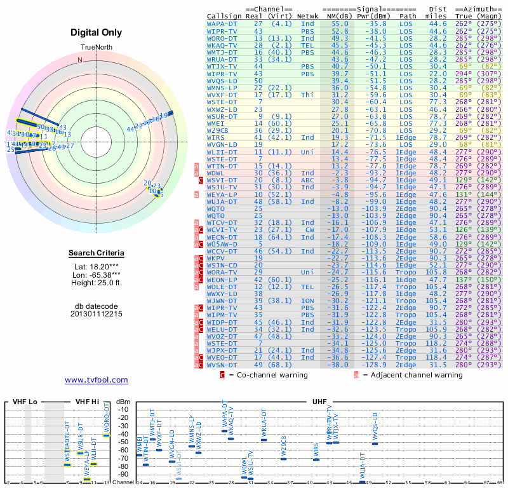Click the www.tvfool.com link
point(97,380)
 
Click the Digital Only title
point(97,32)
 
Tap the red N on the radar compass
point(80,60)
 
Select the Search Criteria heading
point(97,254)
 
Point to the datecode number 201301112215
point(97,314)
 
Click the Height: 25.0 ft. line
point(97,283)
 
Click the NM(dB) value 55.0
point(339,23)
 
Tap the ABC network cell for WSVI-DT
point(307,180)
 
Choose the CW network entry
point(309,229)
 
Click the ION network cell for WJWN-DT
point(307,301)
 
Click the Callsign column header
point(224,15)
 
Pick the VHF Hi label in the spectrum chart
point(88,402)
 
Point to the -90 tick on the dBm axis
point(123,474)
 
